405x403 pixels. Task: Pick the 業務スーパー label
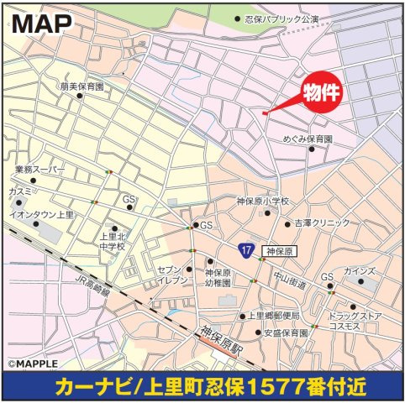(39, 170)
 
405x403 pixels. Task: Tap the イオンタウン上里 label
(41, 214)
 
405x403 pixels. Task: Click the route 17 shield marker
(245, 250)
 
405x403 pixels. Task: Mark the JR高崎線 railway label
(93, 289)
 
